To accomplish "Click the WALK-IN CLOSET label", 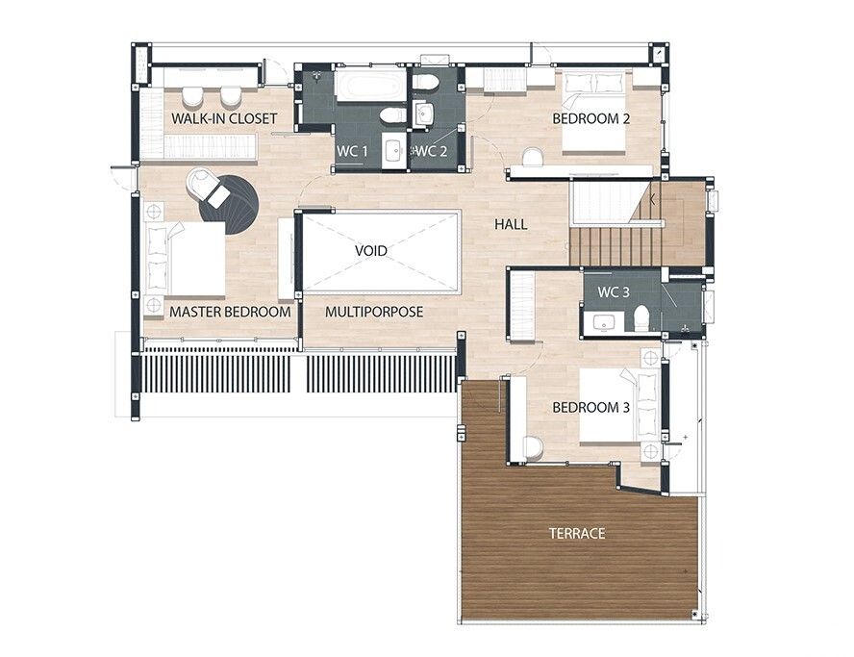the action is (x=224, y=118).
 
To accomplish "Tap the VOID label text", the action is (x=371, y=251).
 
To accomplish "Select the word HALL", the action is (x=511, y=224).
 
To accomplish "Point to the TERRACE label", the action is (x=577, y=533).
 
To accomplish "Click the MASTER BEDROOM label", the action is (x=230, y=312).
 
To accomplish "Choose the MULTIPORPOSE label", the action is (x=374, y=312).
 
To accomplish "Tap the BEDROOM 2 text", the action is (x=590, y=118).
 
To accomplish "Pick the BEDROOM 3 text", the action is (x=590, y=407).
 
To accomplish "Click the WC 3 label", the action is (x=614, y=292).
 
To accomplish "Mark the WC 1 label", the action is (x=352, y=151).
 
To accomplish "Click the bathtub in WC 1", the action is (x=370, y=86).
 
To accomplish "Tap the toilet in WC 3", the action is (x=642, y=318).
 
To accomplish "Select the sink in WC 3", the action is (x=602, y=322).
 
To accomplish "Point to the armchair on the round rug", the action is (x=207, y=187).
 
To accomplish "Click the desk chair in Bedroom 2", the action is (x=533, y=158).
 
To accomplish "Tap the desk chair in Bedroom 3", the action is (x=533, y=448).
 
